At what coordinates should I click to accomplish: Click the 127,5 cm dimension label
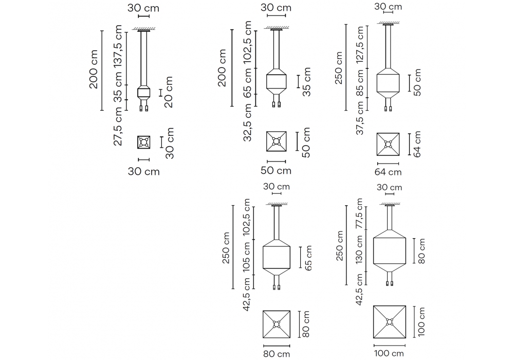(x=361, y=50)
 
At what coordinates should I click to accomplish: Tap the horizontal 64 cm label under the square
(x=388, y=172)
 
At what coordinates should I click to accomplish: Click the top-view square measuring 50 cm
(x=276, y=141)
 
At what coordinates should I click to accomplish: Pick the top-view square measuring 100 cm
(x=390, y=322)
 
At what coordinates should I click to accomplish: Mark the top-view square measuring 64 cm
(x=388, y=145)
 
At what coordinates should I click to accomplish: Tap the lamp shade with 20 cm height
(x=144, y=93)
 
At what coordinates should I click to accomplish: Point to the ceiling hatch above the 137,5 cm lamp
(x=144, y=30)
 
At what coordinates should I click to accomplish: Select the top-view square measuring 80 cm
(x=277, y=324)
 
